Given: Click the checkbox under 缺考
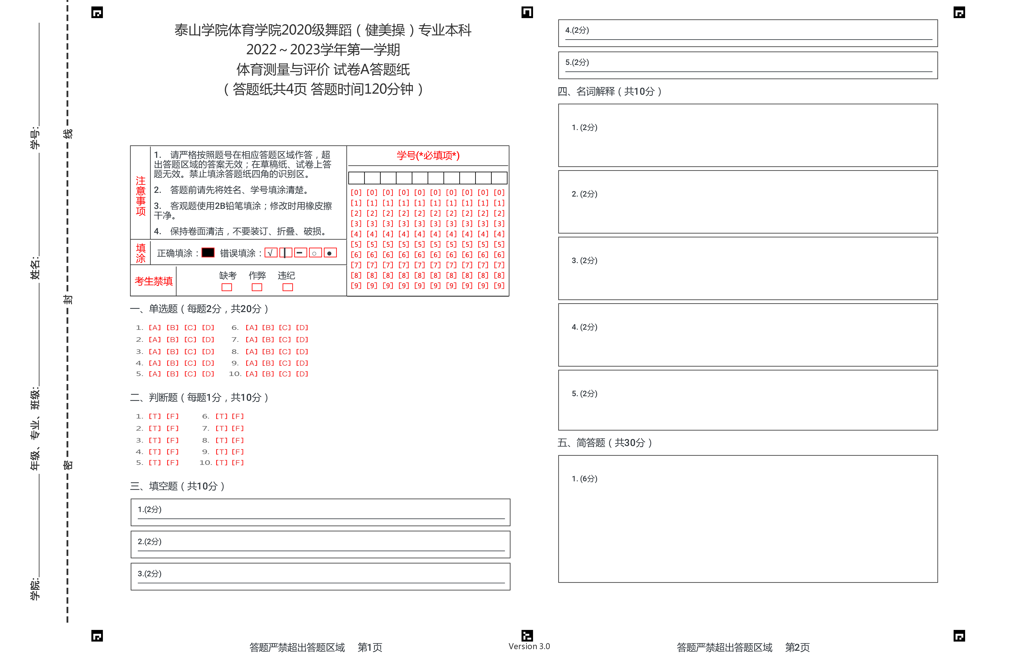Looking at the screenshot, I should [x=227, y=287].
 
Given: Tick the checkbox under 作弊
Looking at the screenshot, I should [x=257, y=287].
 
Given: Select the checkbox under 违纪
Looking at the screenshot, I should [x=288, y=287].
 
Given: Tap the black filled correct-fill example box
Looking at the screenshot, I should [x=208, y=253].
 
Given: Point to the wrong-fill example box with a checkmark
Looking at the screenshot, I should [x=271, y=253].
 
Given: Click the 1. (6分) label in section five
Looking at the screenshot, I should [x=585, y=479].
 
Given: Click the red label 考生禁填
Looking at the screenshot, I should [x=154, y=281].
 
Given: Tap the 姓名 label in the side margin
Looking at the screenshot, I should [x=35, y=268].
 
